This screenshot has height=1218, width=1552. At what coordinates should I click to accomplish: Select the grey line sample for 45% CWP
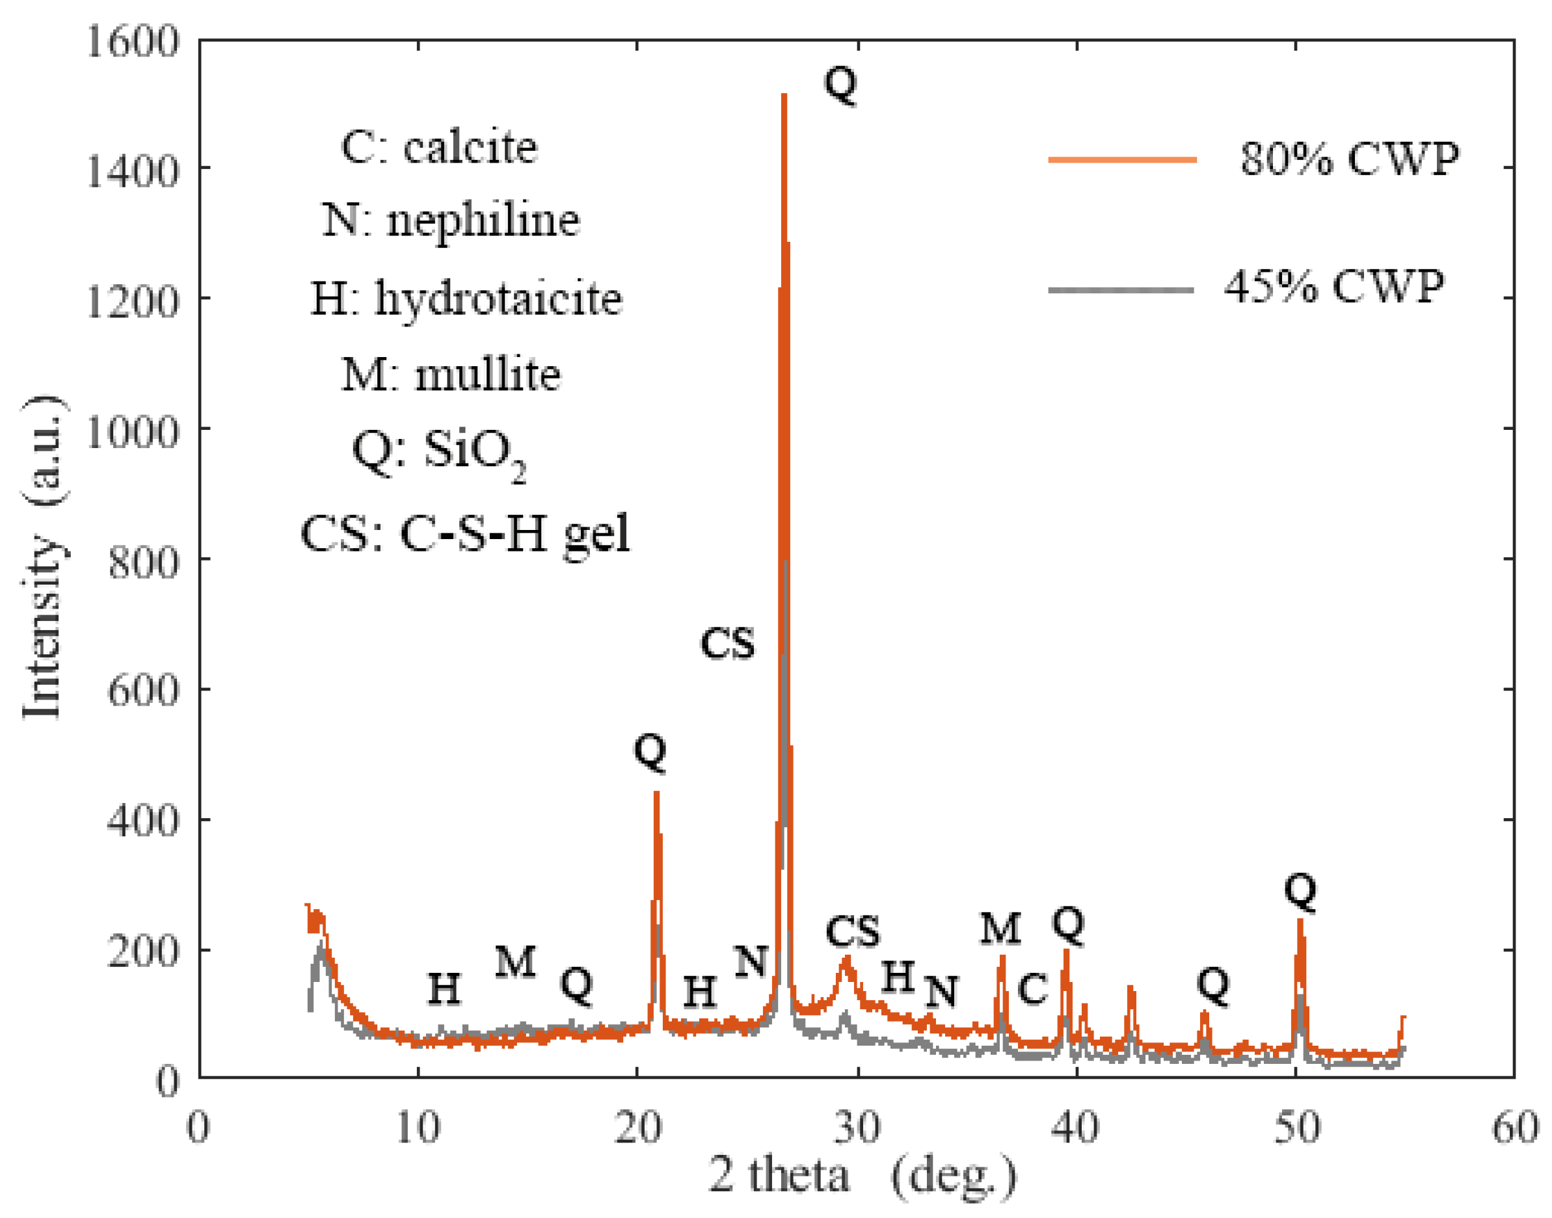(x=1121, y=289)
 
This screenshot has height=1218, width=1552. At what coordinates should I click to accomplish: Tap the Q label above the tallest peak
(x=840, y=84)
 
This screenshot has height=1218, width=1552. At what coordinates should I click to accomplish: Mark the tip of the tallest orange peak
(x=784, y=95)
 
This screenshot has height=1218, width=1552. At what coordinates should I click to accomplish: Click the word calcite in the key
(x=470, y=148)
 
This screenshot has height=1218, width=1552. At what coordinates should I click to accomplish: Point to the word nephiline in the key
(x=483, y=220)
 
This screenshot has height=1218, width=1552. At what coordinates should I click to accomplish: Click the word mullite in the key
(x=488, y=374)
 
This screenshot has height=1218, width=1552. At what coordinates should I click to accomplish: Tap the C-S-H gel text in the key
(x=515, y=533)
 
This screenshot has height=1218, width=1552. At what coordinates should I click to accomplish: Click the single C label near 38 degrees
(x=1032, y=990)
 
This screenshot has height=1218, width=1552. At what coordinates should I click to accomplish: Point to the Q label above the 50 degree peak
(x=1300, y=891)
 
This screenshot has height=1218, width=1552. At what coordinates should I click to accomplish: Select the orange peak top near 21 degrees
(x=656, y=793)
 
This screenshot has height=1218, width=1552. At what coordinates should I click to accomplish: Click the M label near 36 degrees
(x=999, y=929)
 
